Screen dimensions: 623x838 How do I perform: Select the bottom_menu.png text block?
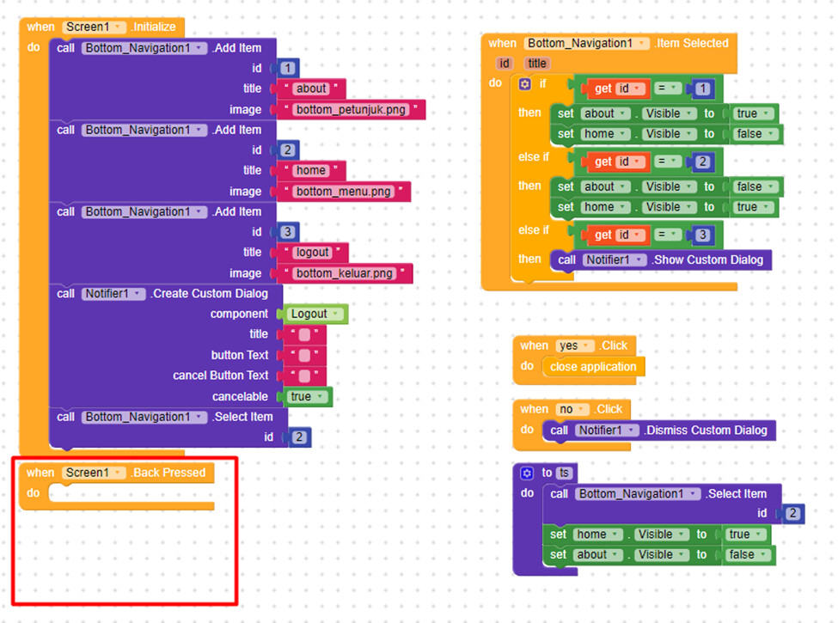point(345,192)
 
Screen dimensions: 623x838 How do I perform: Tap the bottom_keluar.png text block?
point(346,273)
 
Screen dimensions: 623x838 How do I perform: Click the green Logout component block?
point(314,315)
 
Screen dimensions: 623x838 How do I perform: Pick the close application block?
point(593,367)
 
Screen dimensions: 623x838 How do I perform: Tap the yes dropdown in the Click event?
point(574,345)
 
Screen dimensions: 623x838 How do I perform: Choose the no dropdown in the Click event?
point(572,410)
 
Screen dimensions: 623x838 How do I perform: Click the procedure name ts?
point(564,473)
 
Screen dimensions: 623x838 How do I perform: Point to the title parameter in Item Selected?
point(537,64)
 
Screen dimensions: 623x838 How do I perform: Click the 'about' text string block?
point(311,89)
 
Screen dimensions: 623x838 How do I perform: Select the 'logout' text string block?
point(312,253)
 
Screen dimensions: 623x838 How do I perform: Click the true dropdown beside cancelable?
point(305,397)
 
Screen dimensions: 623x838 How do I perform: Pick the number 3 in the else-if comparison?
point(703,235)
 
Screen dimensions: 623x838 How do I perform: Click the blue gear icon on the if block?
point(525,84)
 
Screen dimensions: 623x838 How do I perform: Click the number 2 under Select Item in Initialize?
point(298,437)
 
